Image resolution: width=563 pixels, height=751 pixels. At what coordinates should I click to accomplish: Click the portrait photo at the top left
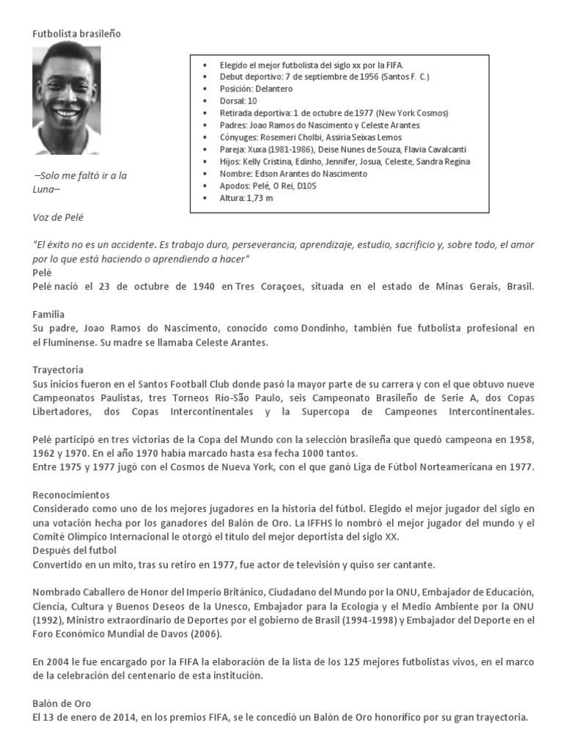tap(67, 98)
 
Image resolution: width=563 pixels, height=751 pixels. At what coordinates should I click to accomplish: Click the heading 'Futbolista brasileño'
tap(77, 34)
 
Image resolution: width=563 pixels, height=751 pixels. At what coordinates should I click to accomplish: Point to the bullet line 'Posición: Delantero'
tap(256, 89)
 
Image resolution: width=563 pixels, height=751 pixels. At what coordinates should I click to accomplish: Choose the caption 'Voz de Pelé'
tap(63, 217)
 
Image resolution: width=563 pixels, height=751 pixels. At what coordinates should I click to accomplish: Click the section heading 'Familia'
tap(49, 313)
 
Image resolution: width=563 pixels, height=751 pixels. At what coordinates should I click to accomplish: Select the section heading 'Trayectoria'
tap(58, 370)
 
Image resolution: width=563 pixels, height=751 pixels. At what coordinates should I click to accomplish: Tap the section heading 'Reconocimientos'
tap(71, 495)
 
